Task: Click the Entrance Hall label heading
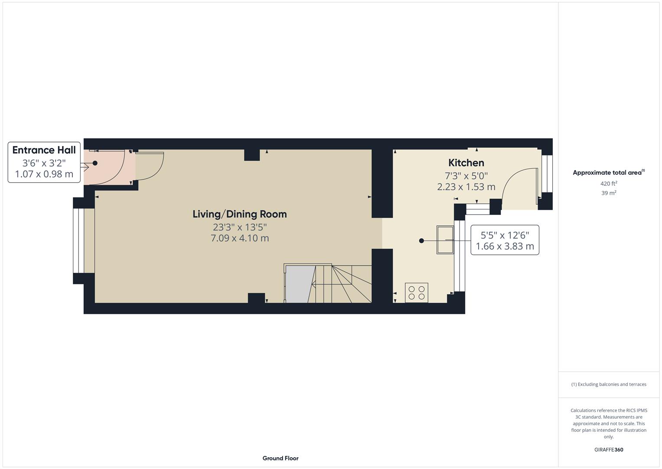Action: [x=44, y=150]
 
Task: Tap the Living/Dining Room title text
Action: [x=239, y=214]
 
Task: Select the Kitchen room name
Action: [x=466, y=163]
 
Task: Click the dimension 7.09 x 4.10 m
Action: [x=239, y=238]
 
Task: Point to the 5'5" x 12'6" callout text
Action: [x=505, y=235]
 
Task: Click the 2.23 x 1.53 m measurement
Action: [x=466, y=187]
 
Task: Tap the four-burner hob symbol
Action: [x=416, y=293]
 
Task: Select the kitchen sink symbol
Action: [x=445, y=239]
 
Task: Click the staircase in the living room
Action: [x=342, y=284]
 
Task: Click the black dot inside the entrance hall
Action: [x=95, y=163]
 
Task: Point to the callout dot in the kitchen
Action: [x=421, y=241]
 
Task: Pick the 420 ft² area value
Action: [x=609, y=184]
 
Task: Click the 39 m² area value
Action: [x=609, y=193]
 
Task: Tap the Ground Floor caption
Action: [x=280, y=458]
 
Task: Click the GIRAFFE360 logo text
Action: [x=609, y=449]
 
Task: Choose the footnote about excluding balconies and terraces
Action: [x=609, y=384]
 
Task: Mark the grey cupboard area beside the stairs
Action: [x=299, y=284]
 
